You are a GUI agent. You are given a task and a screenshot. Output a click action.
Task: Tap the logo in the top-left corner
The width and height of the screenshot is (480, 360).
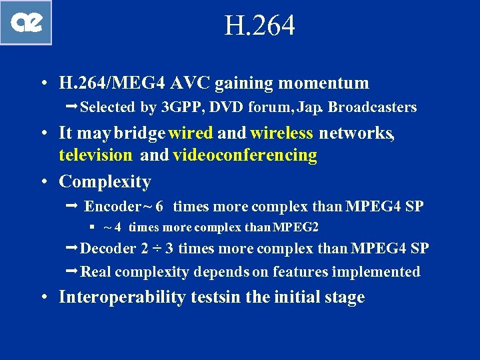click(27, 23)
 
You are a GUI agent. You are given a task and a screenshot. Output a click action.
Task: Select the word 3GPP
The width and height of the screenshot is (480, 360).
click(185, 107)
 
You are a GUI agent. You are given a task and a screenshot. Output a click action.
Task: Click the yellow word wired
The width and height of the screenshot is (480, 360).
click(191, 133)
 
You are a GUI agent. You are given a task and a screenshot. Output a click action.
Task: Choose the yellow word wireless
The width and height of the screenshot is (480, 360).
click(281, 133)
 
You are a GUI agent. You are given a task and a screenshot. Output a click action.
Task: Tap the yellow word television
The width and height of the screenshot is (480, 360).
click(95, 155)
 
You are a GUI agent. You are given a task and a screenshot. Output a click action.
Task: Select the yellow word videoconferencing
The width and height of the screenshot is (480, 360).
click(245, 155)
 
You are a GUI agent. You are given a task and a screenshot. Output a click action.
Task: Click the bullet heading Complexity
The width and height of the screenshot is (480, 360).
click(105, 181)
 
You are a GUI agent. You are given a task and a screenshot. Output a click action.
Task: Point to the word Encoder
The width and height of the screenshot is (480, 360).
click(112, 206)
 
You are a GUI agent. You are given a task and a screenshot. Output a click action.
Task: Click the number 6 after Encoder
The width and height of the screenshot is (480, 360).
click(159, 206)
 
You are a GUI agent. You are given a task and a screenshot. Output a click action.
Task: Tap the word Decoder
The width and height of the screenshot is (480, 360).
click(107, 249)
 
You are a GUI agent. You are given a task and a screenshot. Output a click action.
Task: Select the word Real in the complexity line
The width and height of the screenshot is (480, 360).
click(95, 271)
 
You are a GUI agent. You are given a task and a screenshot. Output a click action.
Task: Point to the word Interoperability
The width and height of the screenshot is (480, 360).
click(122, 297)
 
